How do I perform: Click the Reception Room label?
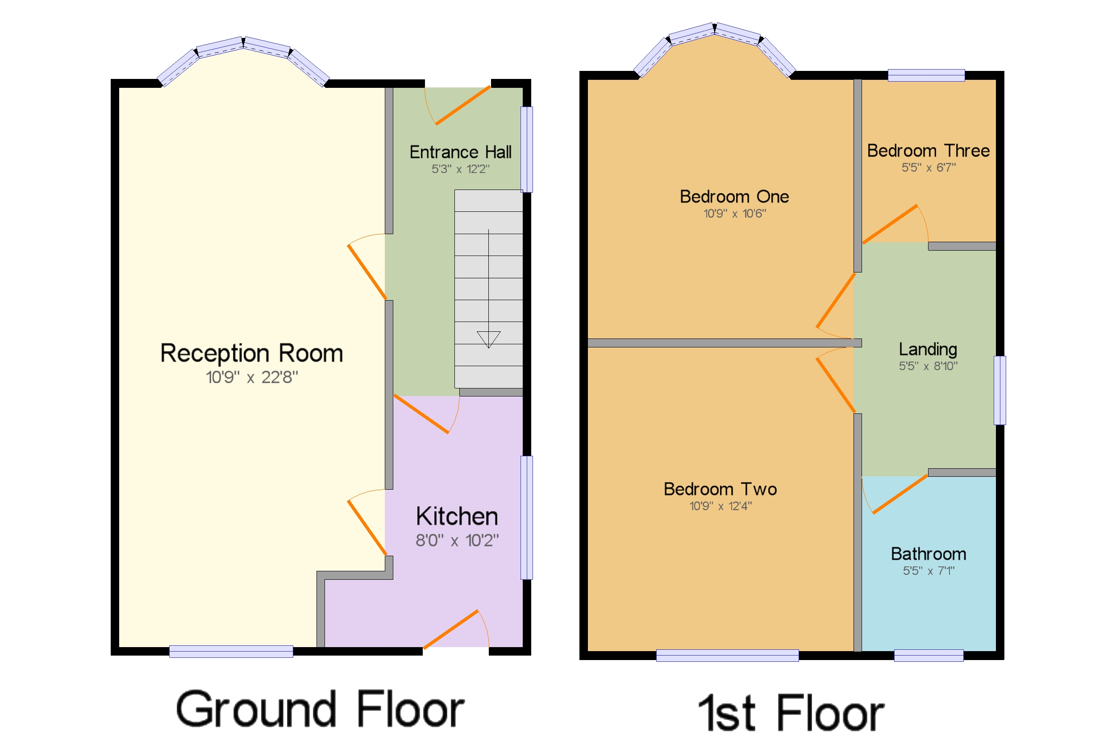click(x=251, y=354)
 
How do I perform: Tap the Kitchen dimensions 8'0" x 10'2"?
click(x=457, y=541)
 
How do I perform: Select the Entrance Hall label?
click(x=460, y=152)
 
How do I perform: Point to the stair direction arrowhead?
click(x=488, y=339)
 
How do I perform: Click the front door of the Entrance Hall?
click(x=462, y=106)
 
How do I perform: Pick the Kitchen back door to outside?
click(x=450, y=629)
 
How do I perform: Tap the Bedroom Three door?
click(x=889, y=224)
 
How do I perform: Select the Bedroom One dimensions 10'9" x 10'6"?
click(x=734, y=214)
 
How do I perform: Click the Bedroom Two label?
click(x=720, y=489)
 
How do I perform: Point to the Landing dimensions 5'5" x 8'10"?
click(x=928, y=366)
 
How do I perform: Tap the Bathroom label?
click(x=928, y=554)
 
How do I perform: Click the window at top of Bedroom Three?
click(x=926, y=75)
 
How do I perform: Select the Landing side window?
click(x=999, y=390)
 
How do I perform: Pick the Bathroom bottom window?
click(x=928, y=655)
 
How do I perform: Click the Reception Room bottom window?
click(x=231, y=651)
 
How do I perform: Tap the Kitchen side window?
click(x=526, y=517)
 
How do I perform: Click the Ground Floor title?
click(x=320, y=709)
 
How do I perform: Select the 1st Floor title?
click(x=791, y=713)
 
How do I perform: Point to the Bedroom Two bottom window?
click(x=727, y=655)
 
